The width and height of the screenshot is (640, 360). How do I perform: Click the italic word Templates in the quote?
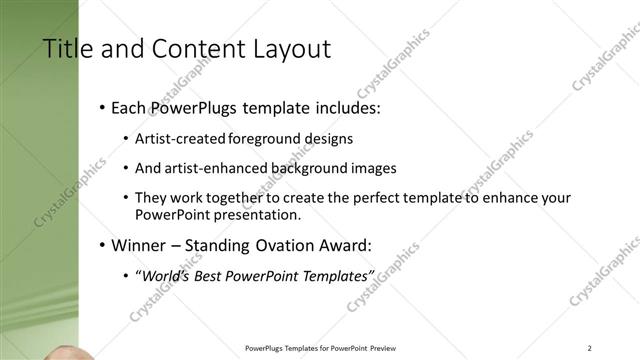click(x=334, y=275)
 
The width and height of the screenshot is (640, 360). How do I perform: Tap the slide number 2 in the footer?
click(x=590, y=347)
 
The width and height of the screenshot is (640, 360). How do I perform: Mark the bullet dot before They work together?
click(x=125, y=199)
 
